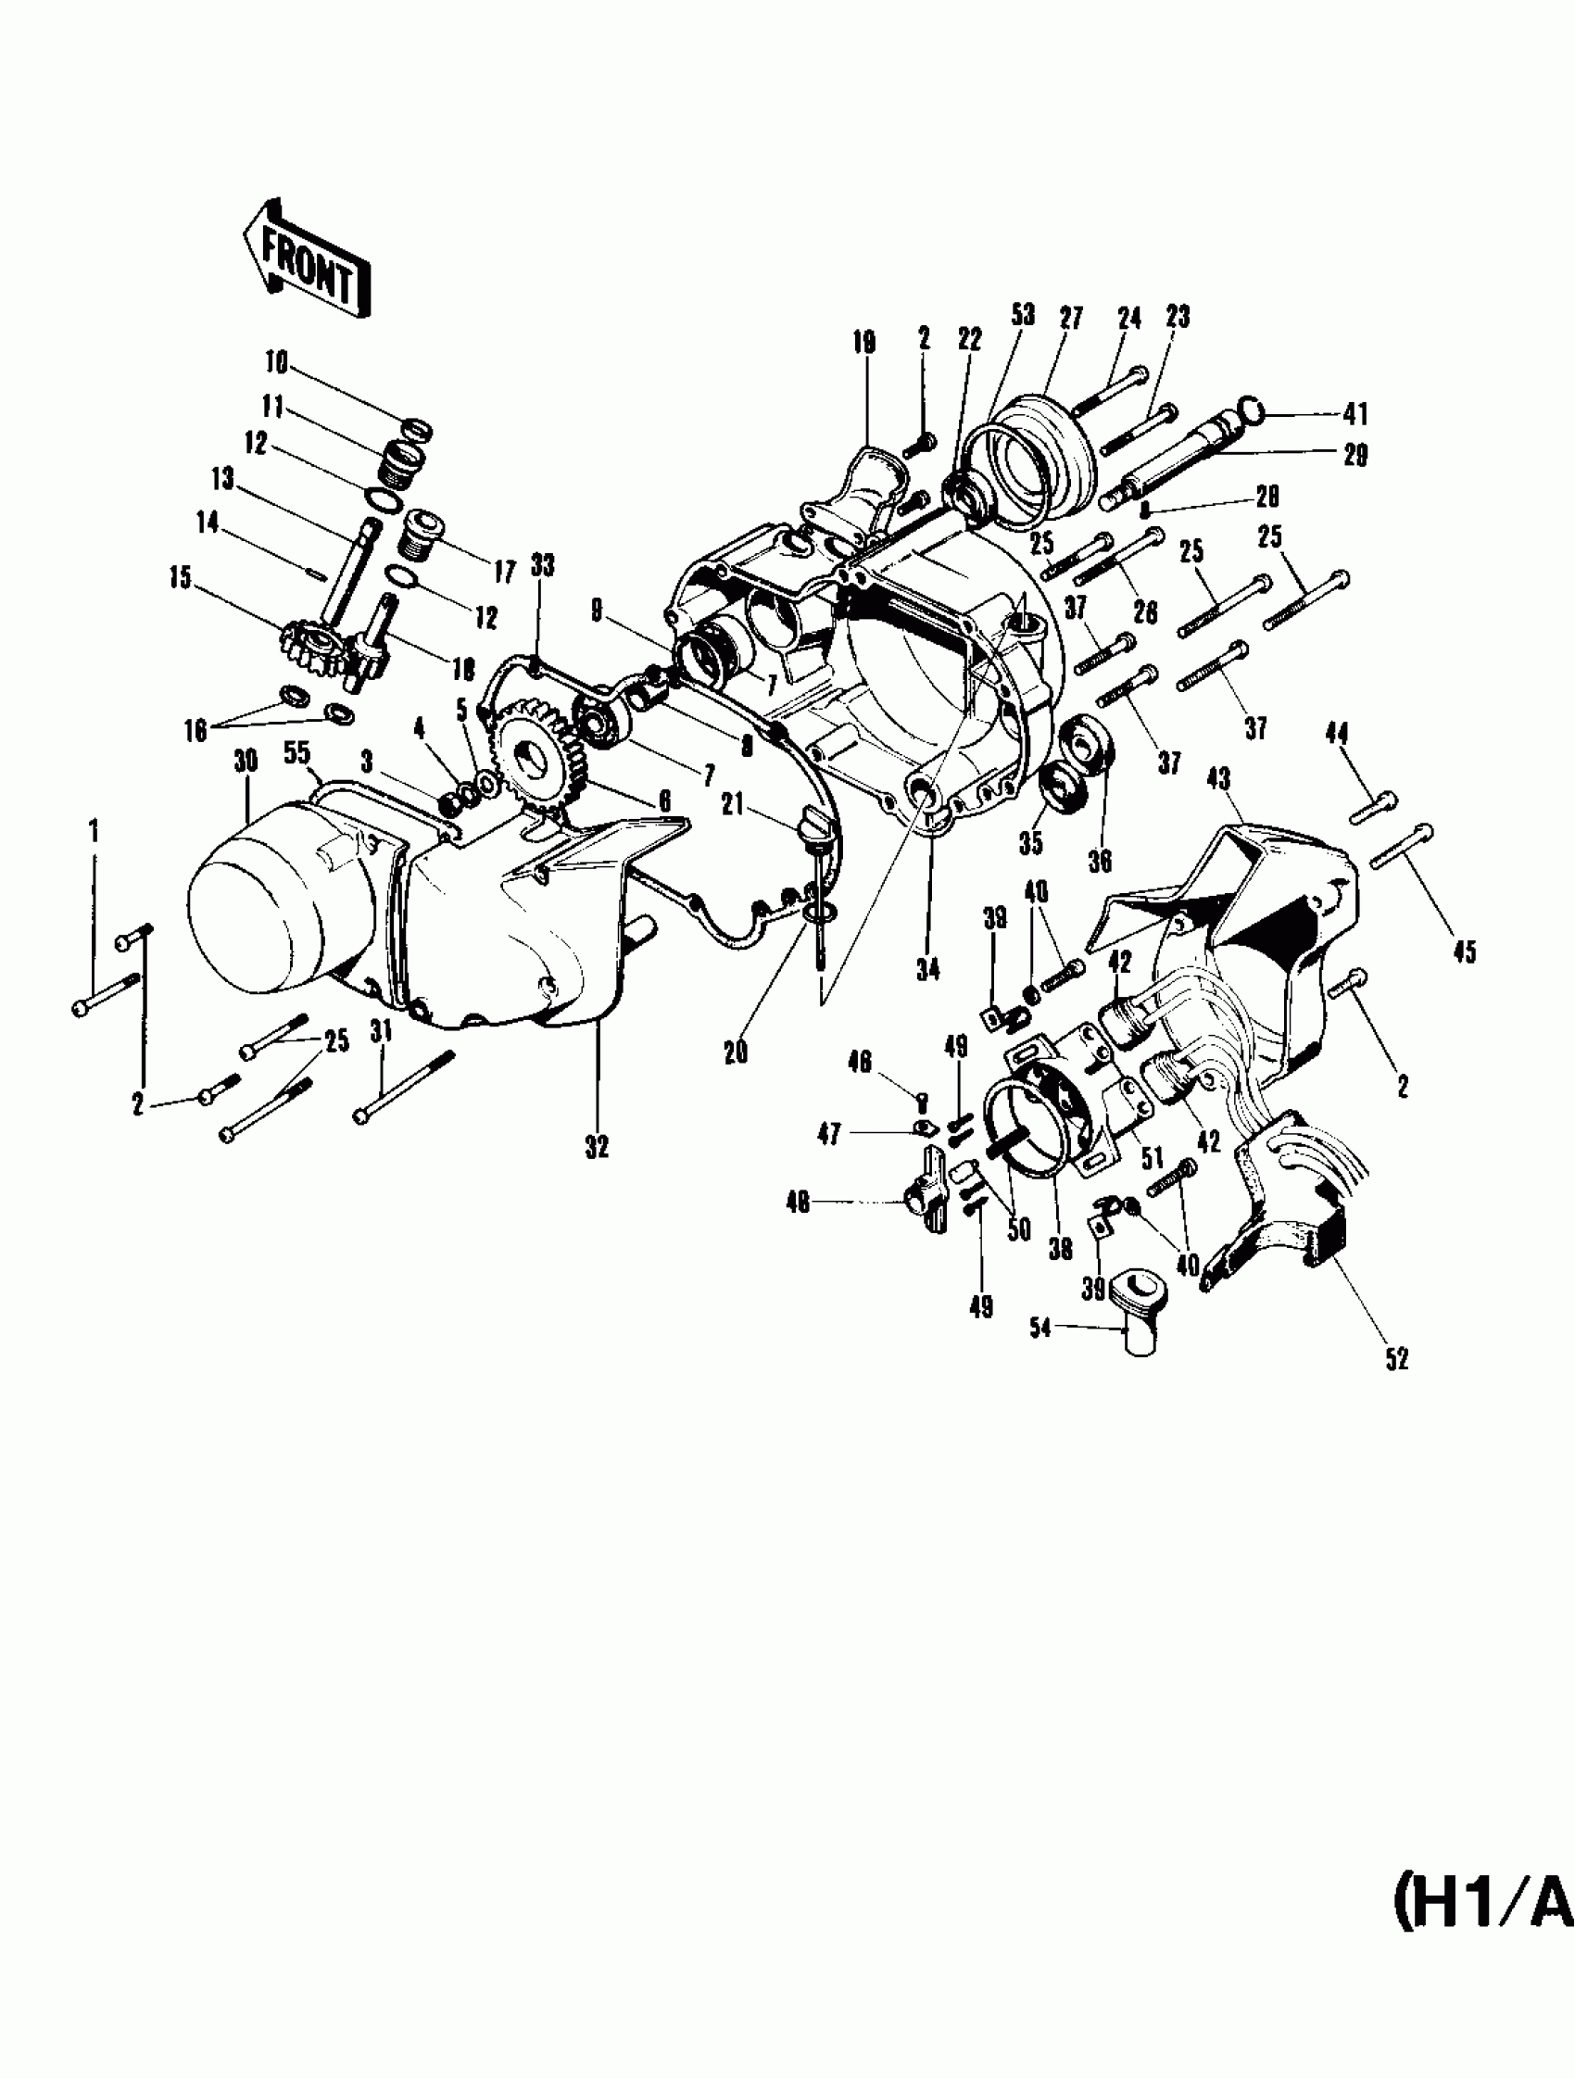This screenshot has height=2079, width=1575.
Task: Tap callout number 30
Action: click(x=246, y=761)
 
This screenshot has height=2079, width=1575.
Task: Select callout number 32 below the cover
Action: click(x=597, y=1147)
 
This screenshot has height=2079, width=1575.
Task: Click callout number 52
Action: click(x=1396, y=1359)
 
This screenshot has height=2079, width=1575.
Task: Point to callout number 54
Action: click(x=1039, y=1329)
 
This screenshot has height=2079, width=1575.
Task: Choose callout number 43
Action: click(x=1219, y=778)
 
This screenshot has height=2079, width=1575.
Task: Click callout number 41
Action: click(x=1355, y=413)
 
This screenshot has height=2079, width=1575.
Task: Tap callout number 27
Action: click(x=1071, y=317)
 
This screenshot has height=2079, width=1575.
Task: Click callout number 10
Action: click(x=276, y=362)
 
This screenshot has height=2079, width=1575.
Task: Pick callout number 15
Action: click(x=180, y=577)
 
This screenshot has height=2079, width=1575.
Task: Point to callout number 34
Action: click(x=927, y=969)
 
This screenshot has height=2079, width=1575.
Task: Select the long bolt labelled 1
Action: click(x=106, y=992)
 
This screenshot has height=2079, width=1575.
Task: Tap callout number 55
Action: click(x=297, y=754)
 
